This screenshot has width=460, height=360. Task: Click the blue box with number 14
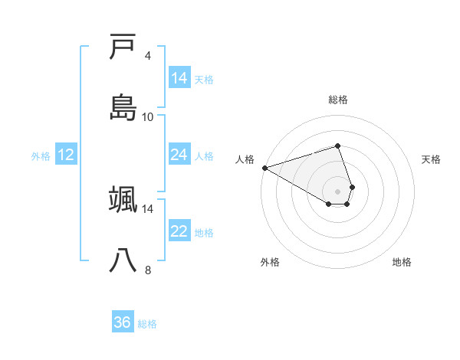pyautogui.click(x=179, y=78)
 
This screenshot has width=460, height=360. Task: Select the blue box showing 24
pyautogui.click(x=179, y=155)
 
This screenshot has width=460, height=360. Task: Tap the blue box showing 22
pyautogui.click(x=179, y=231)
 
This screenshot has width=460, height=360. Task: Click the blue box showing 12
pyautogui.click(x=65, y=155)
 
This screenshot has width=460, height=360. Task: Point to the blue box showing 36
pyautogui.click(x=122, y=322)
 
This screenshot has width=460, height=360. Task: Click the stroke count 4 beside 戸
pyautogui.click(x=148, y=56)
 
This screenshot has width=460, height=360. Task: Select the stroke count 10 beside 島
pyautogui.click(x=148, y=117)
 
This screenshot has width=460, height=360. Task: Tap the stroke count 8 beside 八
pyautogui.click(x=148, y=270)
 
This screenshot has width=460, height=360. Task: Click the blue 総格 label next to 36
pyautogui.click(x=147, y=324)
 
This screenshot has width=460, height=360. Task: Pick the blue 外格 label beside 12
pyautogui.click(x=41, y=156)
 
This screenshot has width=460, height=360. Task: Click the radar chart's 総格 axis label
pyautogui.click(x=338, y=100)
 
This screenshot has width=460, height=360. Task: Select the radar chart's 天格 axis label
pyautogui.click(x=431, y=159)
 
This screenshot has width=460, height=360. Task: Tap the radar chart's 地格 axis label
pyautogui.click(x=402, y=262)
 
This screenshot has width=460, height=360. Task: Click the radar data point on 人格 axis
pyautogui.click(x=264, y=167)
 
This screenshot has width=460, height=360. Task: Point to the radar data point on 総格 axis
pyautogui.click(x=337, y=146)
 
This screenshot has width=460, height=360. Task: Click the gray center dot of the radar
pyautogui.click(x=337, y=191)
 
